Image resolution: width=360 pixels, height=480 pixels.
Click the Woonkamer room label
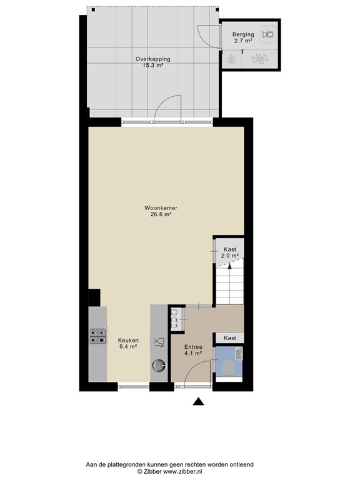tap(157, 207)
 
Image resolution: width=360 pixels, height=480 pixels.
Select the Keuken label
tap(128, 340)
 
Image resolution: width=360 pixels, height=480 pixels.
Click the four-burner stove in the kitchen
tap(97, 336)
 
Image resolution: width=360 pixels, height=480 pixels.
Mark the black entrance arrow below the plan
tap(198, 402)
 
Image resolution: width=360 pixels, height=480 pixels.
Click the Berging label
tap(243, 34)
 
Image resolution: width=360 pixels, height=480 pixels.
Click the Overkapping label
tap(152, 59)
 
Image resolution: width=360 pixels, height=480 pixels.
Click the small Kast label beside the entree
tap(230, 337)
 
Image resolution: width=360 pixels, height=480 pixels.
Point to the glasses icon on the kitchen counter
tap(159, 341)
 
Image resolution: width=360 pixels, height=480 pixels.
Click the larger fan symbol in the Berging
tap(259, 59)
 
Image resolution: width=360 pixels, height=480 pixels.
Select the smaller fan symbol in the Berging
tap(232, 59)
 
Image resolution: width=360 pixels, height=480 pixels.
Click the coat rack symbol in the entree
tap(176, 317)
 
